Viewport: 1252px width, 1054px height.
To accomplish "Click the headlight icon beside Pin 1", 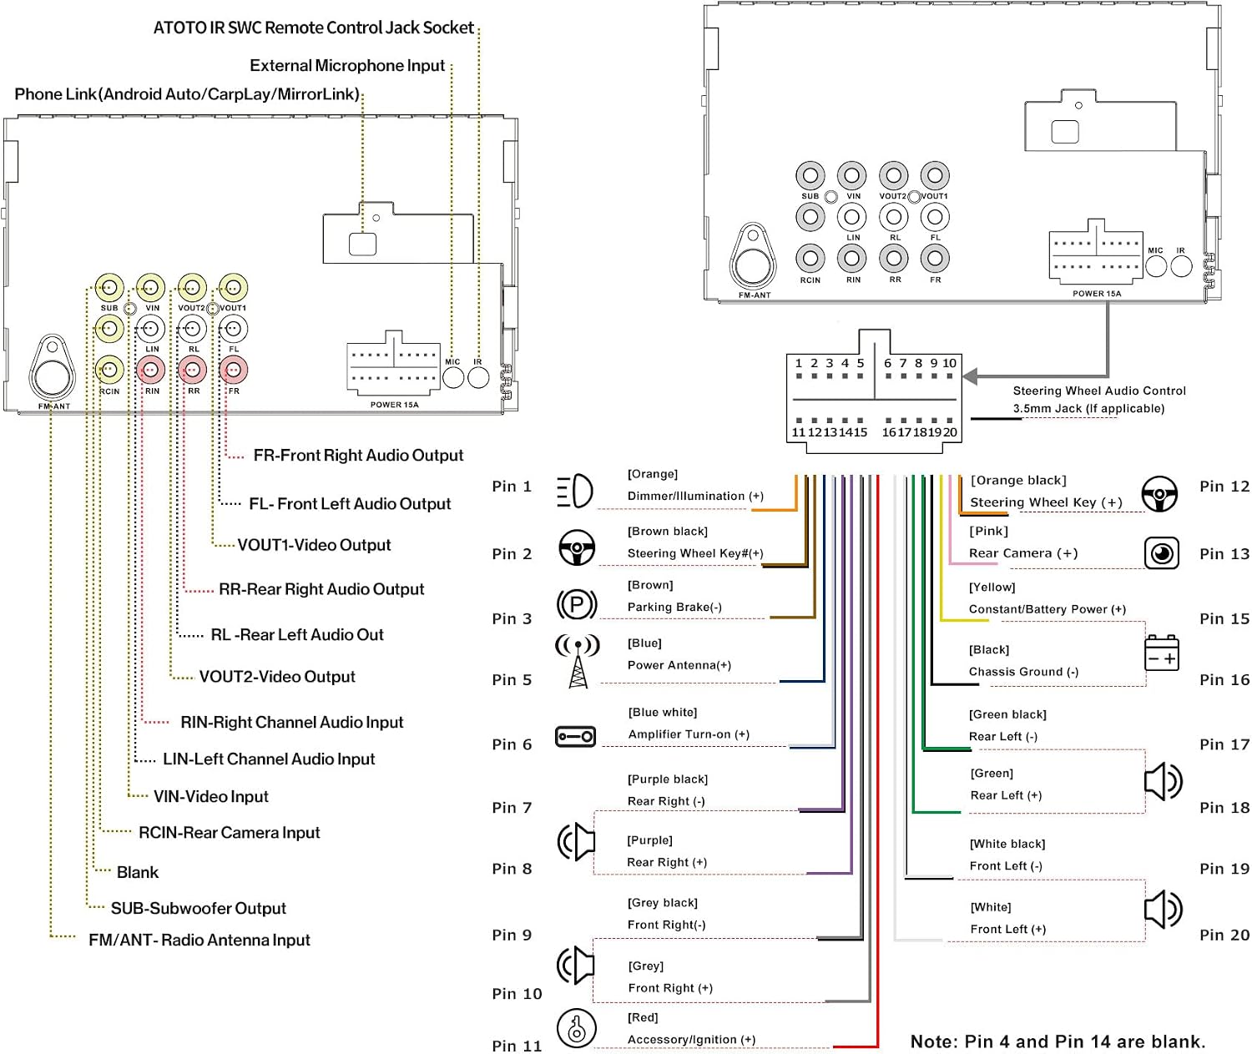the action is tap(574, 491).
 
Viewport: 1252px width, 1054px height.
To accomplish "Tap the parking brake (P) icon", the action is tap(576, 603).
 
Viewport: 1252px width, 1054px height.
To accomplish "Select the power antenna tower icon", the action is tap(578, 661).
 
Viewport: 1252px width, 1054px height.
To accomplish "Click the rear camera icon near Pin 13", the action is tap(1162, 552).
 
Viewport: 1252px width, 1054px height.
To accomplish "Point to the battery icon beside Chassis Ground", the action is tap(1162, 653).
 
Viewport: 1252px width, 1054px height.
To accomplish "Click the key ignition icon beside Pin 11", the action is tap(576, 1027).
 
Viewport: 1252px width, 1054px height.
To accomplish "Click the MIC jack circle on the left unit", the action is tap(452, 377).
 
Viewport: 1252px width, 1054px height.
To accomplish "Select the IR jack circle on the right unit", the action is tap(1181, 266).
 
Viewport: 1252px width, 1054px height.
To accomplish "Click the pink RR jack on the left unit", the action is tap(193, 370).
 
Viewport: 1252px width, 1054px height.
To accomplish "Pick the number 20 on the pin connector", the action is tap(949, 431).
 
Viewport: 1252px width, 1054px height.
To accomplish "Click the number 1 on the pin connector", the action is tap(798, 363).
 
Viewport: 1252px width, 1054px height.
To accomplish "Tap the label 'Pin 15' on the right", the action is tap(1224, 618).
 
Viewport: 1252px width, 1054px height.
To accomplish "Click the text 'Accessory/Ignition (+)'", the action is tap(691, 1039).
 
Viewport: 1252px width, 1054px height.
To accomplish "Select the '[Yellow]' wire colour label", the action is tap(992, 587).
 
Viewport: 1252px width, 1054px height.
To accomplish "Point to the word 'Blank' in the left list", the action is tap(138, 872).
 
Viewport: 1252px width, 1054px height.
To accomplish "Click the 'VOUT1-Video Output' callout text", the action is tap(314, 544).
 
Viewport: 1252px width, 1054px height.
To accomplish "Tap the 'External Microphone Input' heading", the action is tap(347, 65).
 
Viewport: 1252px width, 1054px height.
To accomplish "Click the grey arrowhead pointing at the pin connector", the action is tap(970, 376).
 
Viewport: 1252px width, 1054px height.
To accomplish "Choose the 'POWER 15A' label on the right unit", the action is tap(1096, 293).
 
